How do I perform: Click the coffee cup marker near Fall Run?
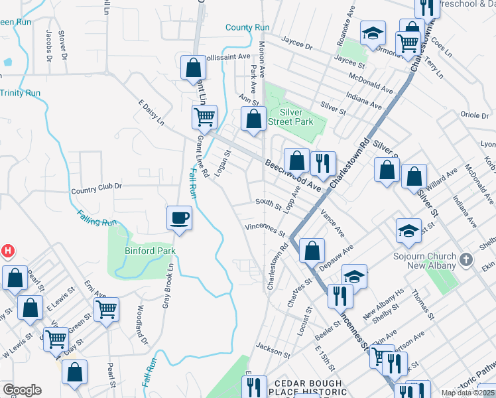tap(178, 218)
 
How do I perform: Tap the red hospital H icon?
tap(7, 251)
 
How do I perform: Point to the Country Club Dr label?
tap(97, 190)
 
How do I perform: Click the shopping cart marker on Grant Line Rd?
tap(205, 117)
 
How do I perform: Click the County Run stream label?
tap(247, 27)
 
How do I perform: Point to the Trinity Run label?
tap(20, 93)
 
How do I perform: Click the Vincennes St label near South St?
tap(265, 230)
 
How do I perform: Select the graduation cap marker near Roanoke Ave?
tap(373, 33)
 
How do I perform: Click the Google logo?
tap(22, 390)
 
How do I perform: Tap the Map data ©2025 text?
tap(467, 393)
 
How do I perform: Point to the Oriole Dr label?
tap(474, 115)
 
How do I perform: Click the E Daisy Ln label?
tap(151, 113)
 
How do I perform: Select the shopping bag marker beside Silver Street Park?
tap(253, 120)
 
